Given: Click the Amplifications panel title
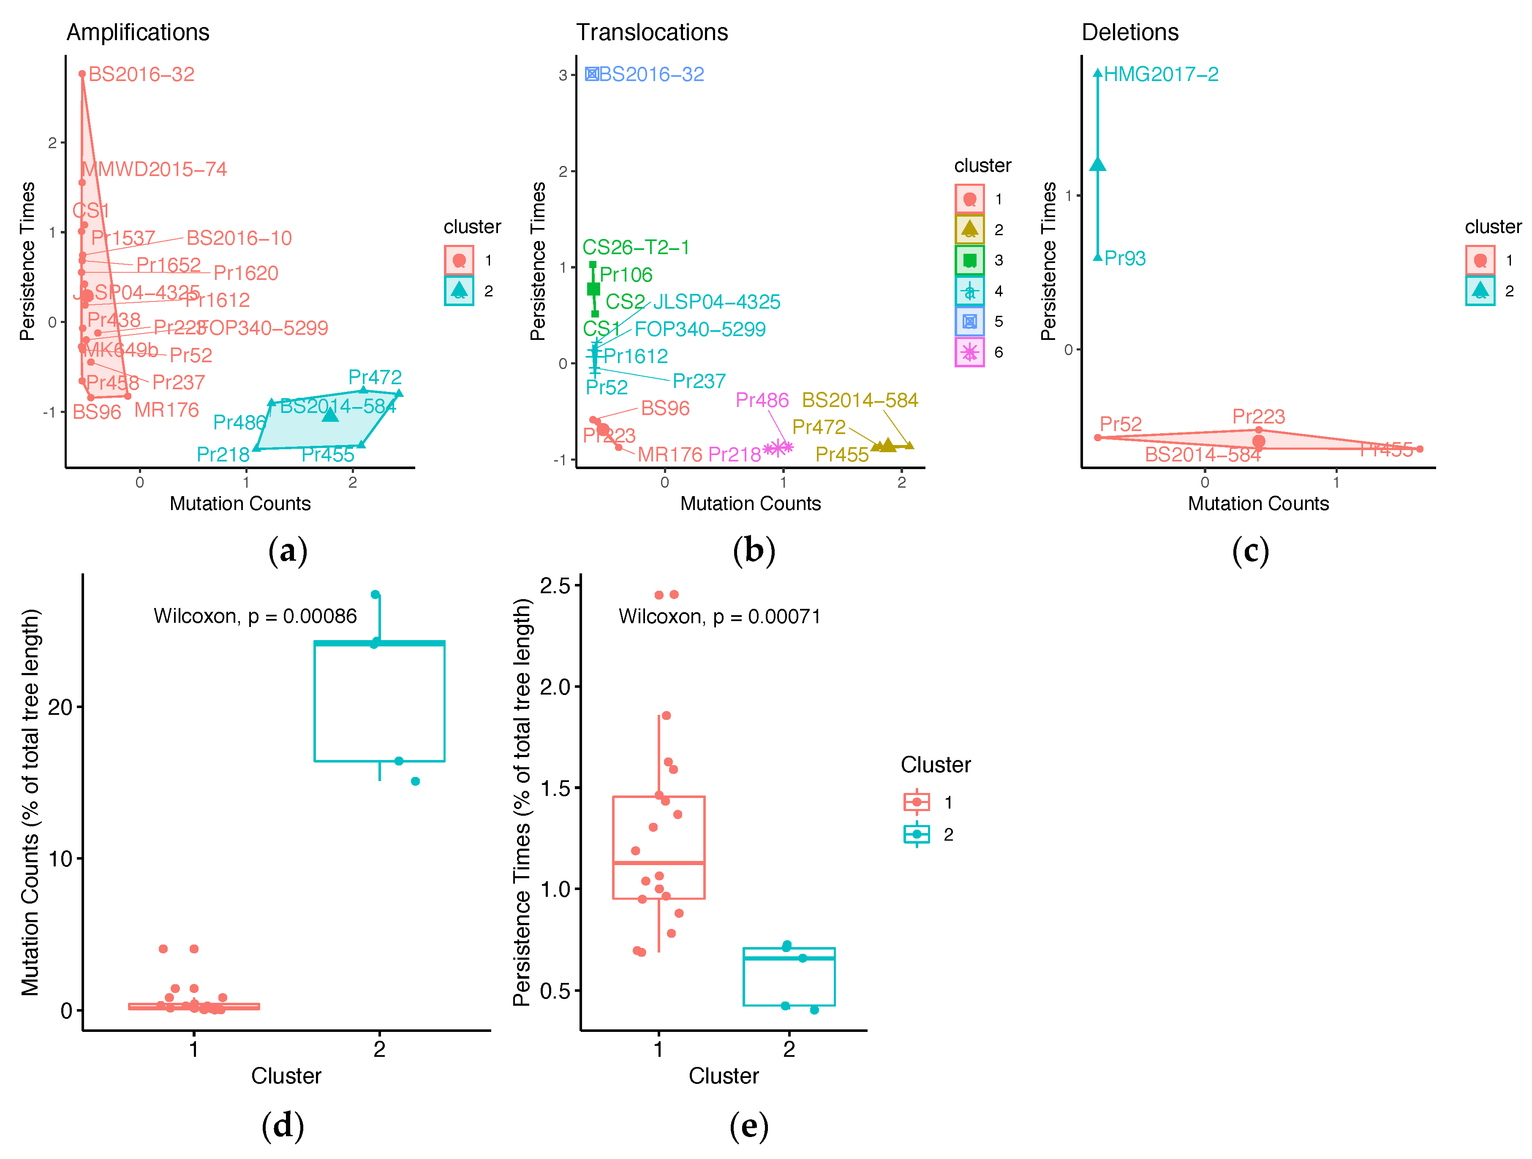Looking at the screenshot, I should tap(138, 33).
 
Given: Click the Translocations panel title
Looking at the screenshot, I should tap(652, 33).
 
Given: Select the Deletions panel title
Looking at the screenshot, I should tap(1129, 33).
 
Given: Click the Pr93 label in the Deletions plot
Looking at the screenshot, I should tap(1125, 258).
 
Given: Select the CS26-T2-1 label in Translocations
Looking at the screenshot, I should tap(636, 247).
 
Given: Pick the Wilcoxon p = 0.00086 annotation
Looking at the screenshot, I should tap(255, 616).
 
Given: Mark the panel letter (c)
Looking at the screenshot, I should tap(1250, 551).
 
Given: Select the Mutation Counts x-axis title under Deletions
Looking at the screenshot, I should tap(1258, 503).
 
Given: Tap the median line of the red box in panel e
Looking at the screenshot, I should tap(659, 863).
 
